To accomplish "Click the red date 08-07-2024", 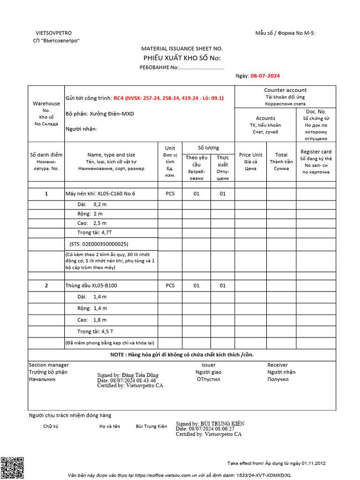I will click(265, 75).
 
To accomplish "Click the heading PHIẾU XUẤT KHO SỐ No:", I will click(181, 58).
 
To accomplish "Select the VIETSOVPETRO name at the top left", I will click(54, 33).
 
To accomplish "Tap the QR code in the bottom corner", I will click(12, 467).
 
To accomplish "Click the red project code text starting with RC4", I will click(168, 98).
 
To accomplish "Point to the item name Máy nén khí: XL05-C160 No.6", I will click(100, 193).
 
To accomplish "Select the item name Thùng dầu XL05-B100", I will click(91, 285).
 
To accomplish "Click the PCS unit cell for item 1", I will click(170, 193).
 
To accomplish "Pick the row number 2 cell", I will click(46, 285).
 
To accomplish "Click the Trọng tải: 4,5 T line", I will click(95, 331).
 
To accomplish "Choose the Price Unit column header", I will click(251, 155).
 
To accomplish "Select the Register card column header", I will click(316, 151).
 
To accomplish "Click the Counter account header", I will click(285, 90).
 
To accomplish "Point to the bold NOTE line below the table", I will click(182, 354).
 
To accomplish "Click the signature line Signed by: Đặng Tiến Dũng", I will click(127, 375).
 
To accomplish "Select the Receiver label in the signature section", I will click(277, 365).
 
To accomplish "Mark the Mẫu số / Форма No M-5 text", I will click(285, 33).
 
